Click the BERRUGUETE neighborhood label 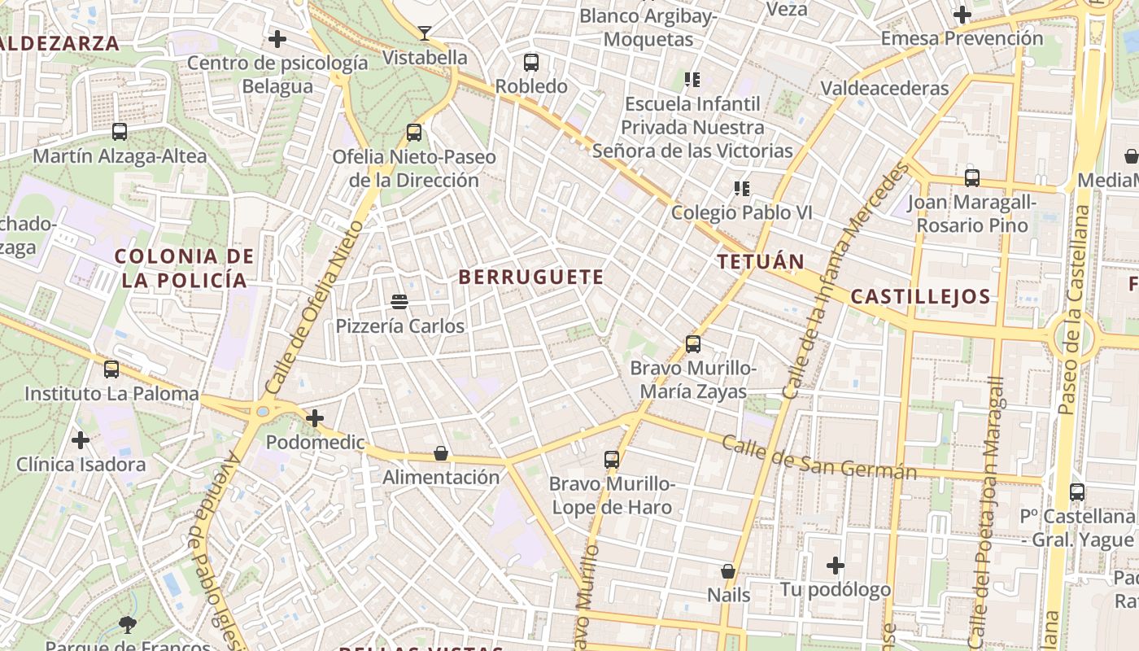[531, 277]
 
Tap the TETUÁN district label [761, 262]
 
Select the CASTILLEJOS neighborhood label [920, 296]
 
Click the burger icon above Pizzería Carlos [399, 302]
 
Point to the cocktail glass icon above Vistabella [424, 33]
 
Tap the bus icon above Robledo [531, 62]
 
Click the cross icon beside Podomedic [315, 418]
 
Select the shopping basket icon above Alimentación [441, 453]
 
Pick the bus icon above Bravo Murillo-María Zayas [693, 344]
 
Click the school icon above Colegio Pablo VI [741, 189]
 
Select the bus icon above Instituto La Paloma [111, 369]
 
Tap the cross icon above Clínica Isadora [81, 440]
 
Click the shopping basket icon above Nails [728, 571]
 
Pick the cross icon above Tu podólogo [836, 565]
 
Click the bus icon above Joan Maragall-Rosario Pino [972, 177]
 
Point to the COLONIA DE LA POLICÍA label [185, 269]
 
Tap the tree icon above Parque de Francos [127, 625]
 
